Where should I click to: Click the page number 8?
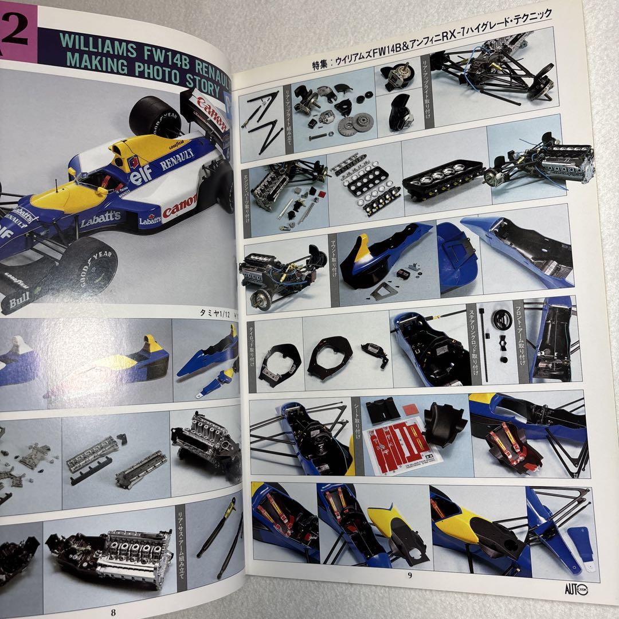pos(113,612)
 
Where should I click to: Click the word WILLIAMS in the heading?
pos(102,44)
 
